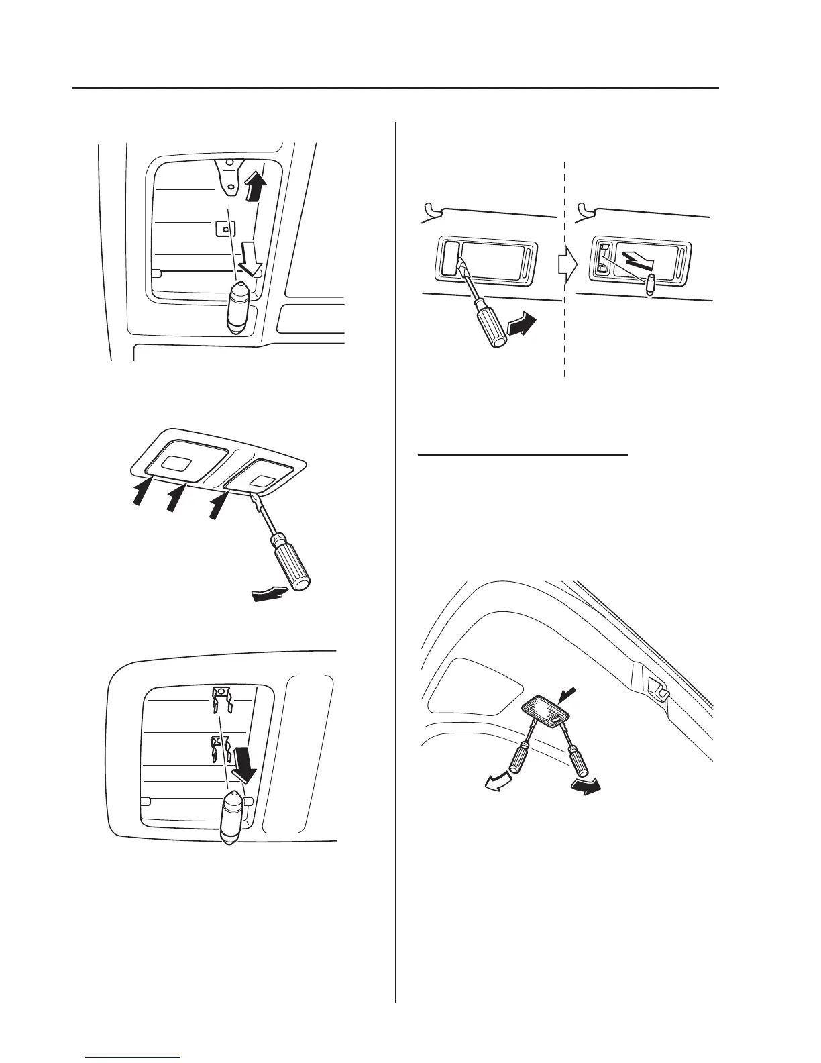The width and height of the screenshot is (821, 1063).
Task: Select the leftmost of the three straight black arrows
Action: [141, 490]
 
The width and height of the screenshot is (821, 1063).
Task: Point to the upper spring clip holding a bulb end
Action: [221, 702]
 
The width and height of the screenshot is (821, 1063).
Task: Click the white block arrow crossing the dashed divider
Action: [567, 266]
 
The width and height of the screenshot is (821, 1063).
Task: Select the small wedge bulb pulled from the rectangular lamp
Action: [649, 284]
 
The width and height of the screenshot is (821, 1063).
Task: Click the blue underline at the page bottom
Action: [133, 1058]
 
